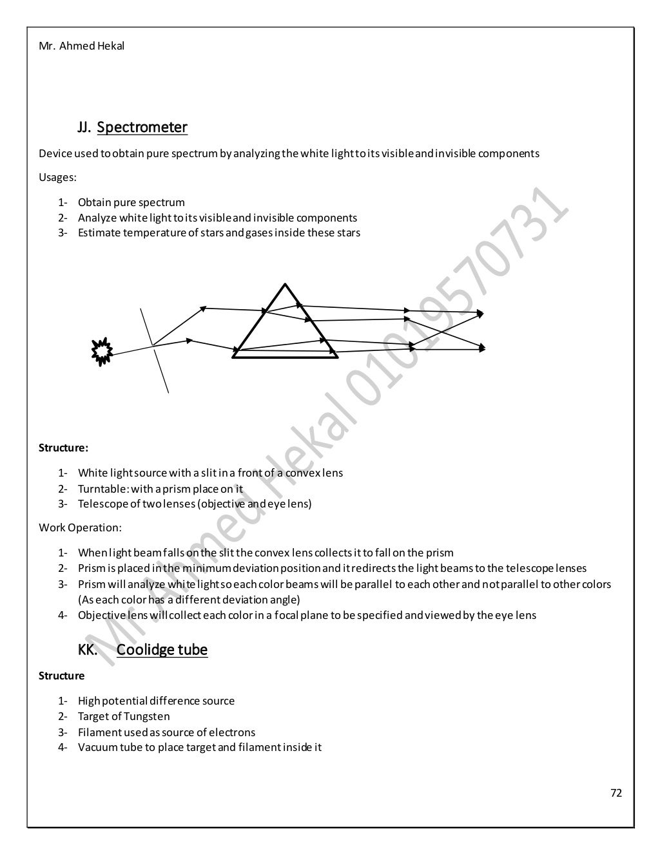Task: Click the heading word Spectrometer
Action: coord(142,128)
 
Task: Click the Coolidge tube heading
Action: coord(162,649)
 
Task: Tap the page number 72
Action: coord(616,793)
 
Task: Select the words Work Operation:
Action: coord(80,527)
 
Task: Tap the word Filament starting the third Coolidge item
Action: coord(99,732)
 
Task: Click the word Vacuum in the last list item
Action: coord(97,748)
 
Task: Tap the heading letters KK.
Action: coord(88,649)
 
